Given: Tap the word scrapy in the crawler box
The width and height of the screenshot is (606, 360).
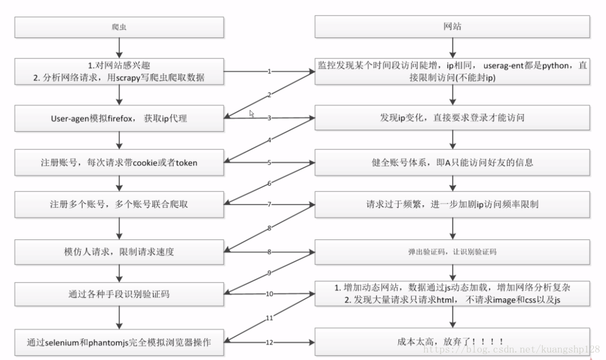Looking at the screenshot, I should click(x=129, y=77).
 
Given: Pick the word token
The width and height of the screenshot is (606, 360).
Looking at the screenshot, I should click(x=186, y=162).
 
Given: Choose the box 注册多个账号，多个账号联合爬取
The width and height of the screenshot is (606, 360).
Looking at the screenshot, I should click(x=119, y=205).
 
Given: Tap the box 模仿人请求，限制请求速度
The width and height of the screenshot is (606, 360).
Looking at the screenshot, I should click(x=119, y=251).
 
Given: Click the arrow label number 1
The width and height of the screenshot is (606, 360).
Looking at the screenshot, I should click(x=269, y=71).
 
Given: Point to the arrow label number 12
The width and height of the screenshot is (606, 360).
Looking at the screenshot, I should click(x=269, y=342).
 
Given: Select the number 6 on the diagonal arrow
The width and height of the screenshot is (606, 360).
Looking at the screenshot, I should click(x=269, y=184).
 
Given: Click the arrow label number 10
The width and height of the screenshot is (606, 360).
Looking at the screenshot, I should click(x=269, y=294).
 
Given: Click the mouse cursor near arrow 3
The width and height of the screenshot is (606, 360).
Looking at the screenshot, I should click(x=252, y=114).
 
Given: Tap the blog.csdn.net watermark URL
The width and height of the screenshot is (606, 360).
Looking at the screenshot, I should click(x=512, y=349).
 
